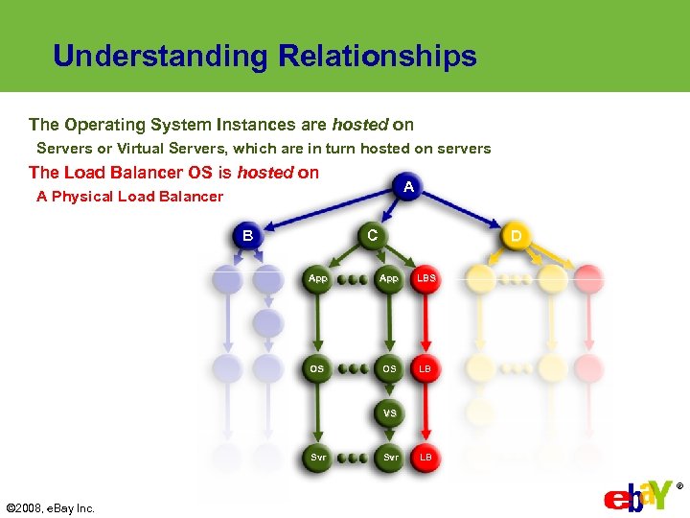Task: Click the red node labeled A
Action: point(408,187)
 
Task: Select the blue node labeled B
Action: point(247,235)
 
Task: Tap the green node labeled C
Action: point(372,235)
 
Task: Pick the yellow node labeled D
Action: point(517,235)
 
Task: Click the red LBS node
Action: point(425,278)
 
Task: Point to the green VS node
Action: point(389,413)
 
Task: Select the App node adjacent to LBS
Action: point(389,278)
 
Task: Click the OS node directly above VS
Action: point(389,368)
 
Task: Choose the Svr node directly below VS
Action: point(390,458)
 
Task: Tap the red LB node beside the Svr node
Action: point(425,458)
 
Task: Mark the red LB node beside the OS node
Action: point(425,368)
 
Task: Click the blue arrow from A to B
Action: point(326,211)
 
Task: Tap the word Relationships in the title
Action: point(378,57)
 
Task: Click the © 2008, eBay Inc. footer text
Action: point(51,508)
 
